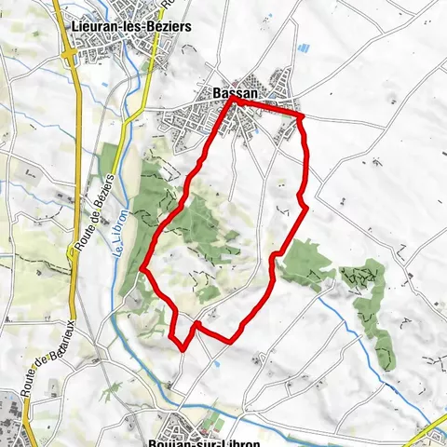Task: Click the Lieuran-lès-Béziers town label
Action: click(x=131, y=27)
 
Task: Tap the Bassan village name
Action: click(x=229, y=93)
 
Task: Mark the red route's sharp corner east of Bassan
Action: click(x=302, y=116)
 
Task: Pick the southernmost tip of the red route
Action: click(x=183, y=349)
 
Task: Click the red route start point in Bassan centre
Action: click(x=234, y=102)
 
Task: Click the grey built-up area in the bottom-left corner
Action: click(x=9, y=410)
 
